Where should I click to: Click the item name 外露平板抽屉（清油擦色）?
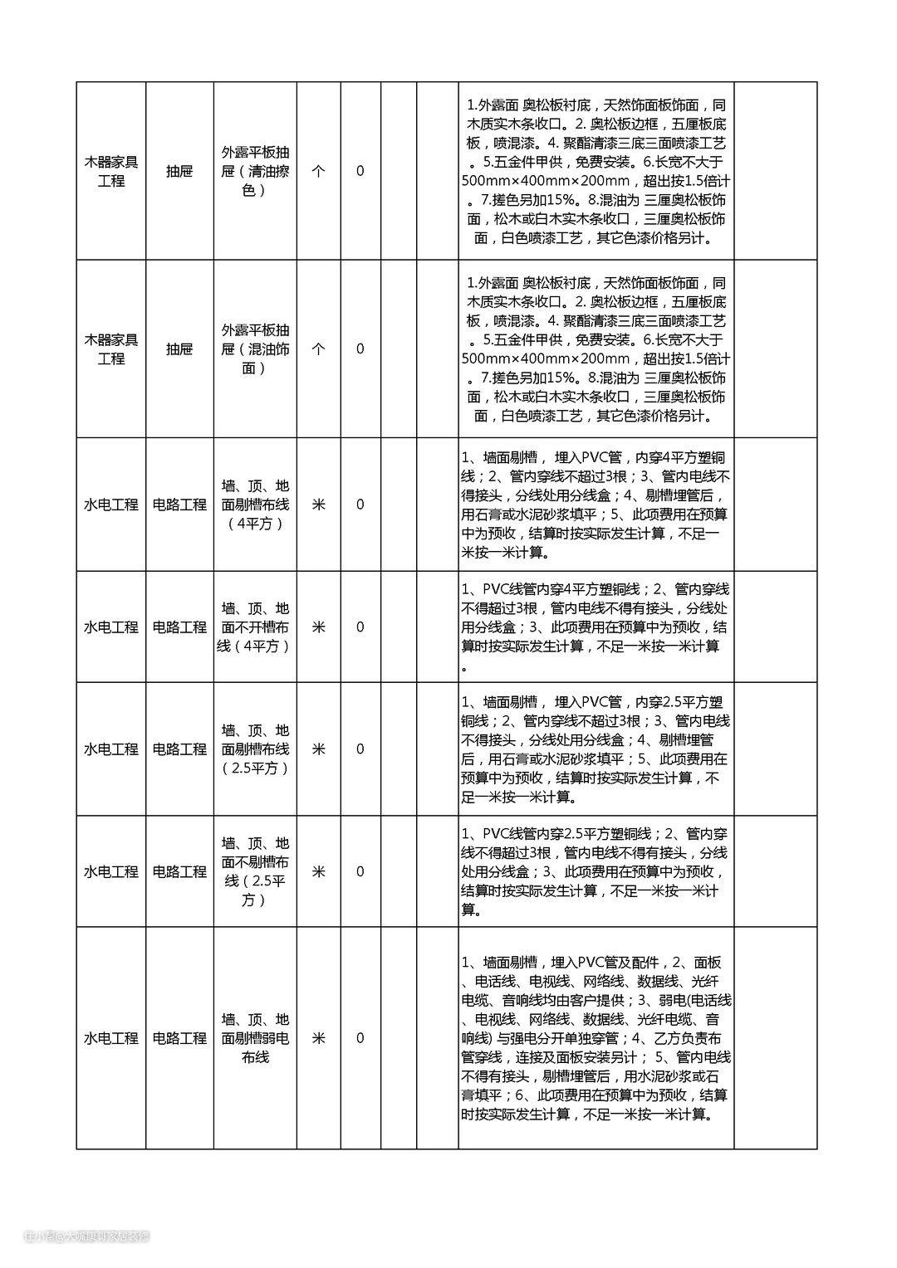255,171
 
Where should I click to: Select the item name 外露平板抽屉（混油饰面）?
255,349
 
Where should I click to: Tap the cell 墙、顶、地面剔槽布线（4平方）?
255,505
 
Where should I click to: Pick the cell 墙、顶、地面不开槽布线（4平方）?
255,627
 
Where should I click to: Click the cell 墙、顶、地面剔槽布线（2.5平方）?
255,749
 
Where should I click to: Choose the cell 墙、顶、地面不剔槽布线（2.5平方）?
255,871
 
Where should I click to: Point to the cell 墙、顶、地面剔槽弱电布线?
255,1038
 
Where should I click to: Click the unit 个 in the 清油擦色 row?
318,171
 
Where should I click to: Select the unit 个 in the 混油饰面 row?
318,349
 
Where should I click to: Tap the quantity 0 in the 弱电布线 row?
360,1038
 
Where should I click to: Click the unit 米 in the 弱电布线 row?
318,1038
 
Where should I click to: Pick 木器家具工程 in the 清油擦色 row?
111,171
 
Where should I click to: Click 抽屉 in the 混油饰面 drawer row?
179,349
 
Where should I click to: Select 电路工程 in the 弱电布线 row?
179,1038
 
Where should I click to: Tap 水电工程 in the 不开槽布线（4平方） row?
111,627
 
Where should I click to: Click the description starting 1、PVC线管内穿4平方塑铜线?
596,627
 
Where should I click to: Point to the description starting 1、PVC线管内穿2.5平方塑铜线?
596,871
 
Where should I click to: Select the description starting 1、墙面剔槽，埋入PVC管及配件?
596,1038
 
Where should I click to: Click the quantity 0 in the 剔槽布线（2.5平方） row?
360,749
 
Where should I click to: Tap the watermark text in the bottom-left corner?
86,1236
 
